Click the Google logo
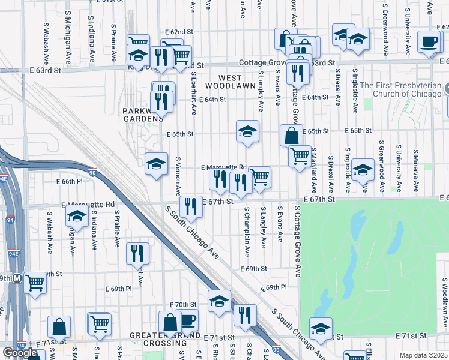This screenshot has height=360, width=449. click(20, 353)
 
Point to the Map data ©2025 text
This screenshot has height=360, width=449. click(424, 355)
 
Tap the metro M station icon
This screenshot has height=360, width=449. click(17, 278)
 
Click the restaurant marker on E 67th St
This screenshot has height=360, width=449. click(191, 206)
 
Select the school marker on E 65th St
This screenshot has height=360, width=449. click(247, 131)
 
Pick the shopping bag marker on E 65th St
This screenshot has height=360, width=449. click(291, 135)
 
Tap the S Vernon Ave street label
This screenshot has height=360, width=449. click(178, 176)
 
